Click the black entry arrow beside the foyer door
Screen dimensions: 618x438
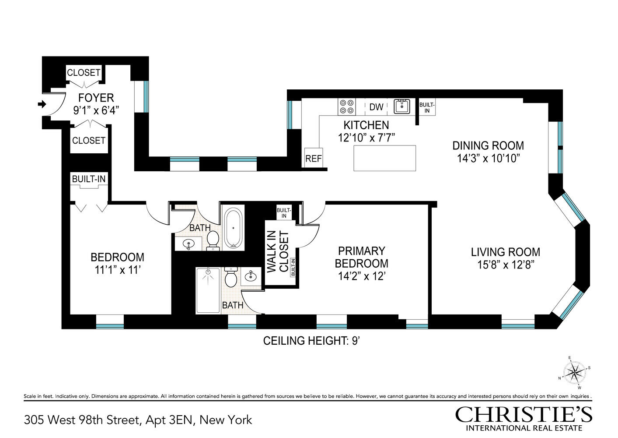(x=42, y=104)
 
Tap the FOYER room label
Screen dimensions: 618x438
(x=96, y=98)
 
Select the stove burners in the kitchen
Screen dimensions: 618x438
(x=347, y=107)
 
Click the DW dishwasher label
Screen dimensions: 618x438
(x=376, y=107)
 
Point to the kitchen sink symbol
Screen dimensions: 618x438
(x=402, y=106)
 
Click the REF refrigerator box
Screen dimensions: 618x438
(x=314, y=158)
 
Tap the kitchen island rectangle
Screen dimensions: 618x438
(x=384, y=158)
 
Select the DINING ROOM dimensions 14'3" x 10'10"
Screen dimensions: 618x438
(x=489, y=159)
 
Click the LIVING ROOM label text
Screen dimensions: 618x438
(x=506, y=252)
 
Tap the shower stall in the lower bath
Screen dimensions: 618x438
(x=208, y=290)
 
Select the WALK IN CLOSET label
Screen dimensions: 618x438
(x=278, y=251)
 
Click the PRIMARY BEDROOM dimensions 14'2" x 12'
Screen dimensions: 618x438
(x=361, y=276)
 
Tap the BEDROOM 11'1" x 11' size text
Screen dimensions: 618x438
(x=118, y=270)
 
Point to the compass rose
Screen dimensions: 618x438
(x=574, y=373)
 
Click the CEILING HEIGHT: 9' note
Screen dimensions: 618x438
(x=311, y=341)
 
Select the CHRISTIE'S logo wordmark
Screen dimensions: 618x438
(x=524, y=414)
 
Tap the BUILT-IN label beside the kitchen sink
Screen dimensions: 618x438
(x=427, y=107)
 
